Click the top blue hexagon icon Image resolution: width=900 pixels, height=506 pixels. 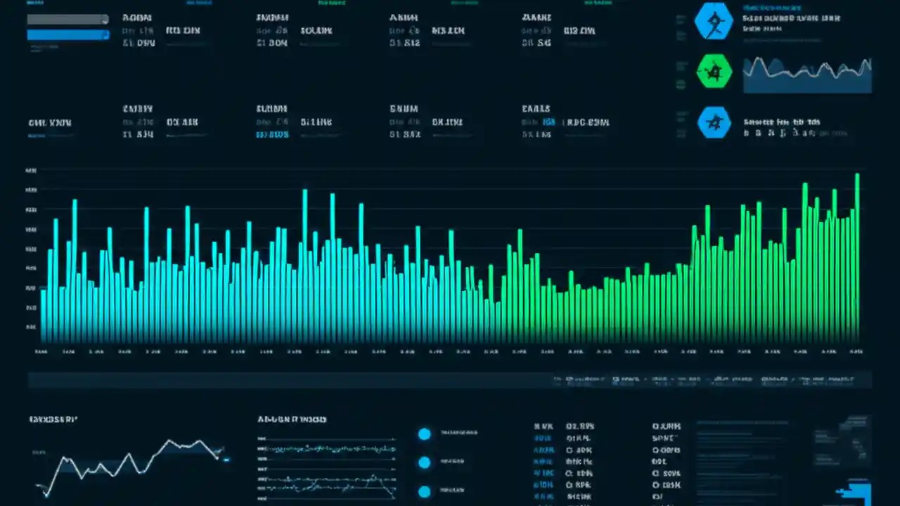[714, 20]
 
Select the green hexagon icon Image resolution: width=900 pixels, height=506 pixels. [714, 72]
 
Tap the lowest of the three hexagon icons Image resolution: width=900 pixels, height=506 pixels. [714, 123]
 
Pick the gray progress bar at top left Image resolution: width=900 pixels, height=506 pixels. [67, 19]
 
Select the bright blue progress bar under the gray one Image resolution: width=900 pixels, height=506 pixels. [67, 34]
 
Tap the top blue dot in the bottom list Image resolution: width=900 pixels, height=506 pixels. [424, 434]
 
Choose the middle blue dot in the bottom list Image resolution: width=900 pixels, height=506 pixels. [424, 462]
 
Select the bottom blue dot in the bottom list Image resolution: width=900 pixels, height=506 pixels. [424, 491]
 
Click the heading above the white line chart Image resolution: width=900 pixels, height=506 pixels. [53, 420]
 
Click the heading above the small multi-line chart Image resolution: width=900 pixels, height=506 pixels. [292, 420]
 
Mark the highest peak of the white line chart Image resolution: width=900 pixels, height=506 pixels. [169, 441]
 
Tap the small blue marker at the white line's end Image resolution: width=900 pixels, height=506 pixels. [226, 460]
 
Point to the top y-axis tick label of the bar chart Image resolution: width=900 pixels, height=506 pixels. [31, 171]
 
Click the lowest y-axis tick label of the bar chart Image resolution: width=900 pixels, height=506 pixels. [31, 327]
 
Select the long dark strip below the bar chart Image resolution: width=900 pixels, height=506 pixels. [450, 380]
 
